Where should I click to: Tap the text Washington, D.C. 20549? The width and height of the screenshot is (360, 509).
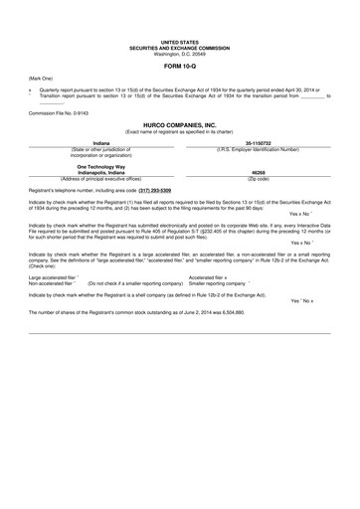click(x=180, y=52)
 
